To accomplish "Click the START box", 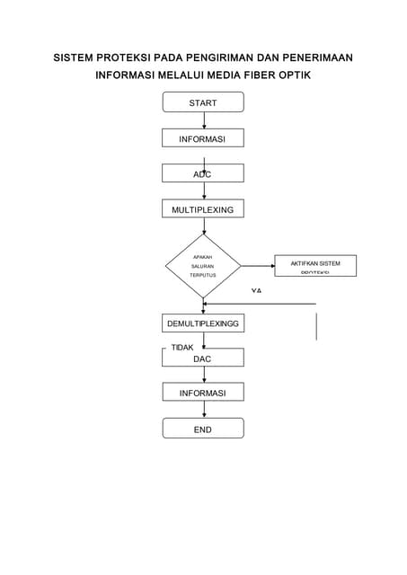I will pos(202,103).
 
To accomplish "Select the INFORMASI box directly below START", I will pos(202,139).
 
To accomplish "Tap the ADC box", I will pos(202,174).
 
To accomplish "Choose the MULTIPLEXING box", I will pos(202,209).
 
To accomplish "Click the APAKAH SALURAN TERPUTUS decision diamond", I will pos(203,266).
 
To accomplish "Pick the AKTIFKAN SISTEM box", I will pos(314,266).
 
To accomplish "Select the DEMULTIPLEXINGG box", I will pos(202,323).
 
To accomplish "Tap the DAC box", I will pos(202,358).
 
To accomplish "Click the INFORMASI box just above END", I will pos(202,393).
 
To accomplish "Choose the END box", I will pos(202,429).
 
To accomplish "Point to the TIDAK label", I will pos(182,347).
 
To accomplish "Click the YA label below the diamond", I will pos(256,291).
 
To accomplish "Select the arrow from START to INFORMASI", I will pos(203,120).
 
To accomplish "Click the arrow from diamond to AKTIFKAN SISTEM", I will pos(258,266).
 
